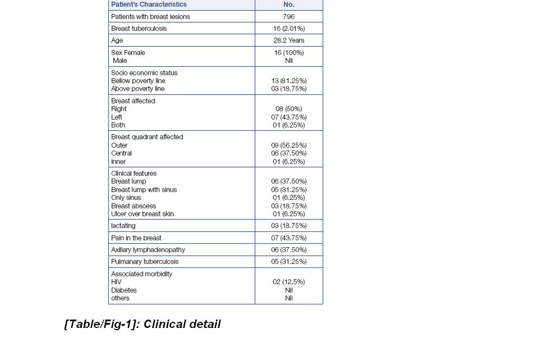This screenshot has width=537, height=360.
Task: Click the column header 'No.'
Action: click(x=288, y=4)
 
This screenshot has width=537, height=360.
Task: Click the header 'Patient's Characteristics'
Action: click(x=149, y=4)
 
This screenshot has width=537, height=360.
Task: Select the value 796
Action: click(x=288, y=17)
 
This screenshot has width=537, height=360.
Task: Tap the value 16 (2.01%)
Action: click(x=288, y=29)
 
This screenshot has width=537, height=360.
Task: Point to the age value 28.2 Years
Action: click(x=288, y=40)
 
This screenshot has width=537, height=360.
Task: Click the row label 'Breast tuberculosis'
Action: click(x=139, y=29)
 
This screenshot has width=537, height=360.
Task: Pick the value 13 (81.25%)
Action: click(x=288, y=81)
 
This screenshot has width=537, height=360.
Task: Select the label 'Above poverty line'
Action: click(x=137, y=89)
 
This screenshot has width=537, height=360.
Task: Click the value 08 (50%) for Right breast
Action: click(x=288, y=109)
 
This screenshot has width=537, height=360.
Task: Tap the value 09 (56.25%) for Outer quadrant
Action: click(x=288, y=145)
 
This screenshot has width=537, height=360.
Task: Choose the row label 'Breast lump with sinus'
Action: click(x=144, y=190)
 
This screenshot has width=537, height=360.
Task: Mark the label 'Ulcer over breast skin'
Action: click(x=143, y=214)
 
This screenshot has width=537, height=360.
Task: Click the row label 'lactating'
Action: click(x=123, y=226)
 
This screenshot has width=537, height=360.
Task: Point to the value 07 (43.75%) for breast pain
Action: click(x=288, y=238)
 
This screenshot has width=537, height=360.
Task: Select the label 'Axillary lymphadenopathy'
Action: click(x=148, y=250)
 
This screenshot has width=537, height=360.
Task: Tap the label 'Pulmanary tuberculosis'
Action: click(x=145, y=262)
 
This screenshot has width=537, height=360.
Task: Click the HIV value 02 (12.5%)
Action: click(x=288, y=282)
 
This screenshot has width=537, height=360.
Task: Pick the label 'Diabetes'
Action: click(x=123, y=290)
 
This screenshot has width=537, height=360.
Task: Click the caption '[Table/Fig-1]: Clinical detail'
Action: click(x=143, y=324)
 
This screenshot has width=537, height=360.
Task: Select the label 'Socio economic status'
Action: click(x=144, y=73)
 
